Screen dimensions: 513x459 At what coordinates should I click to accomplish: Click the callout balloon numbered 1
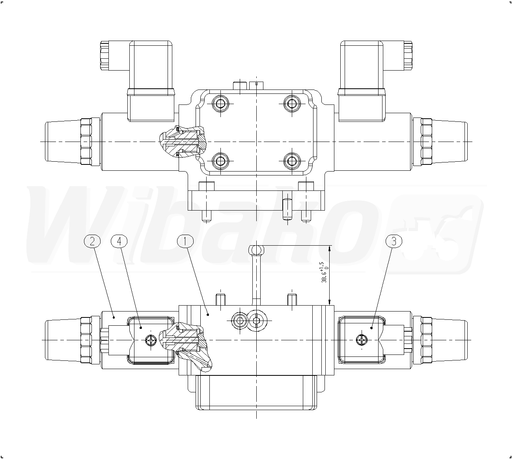[x=185, y=241]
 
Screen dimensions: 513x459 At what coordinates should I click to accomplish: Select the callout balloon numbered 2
[x=92, y=241]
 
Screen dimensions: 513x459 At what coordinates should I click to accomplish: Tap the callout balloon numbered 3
[x=394, y=241]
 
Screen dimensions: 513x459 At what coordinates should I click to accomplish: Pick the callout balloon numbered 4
[x=119, y=241]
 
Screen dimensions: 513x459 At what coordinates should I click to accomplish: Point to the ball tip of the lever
[x=256, y=250]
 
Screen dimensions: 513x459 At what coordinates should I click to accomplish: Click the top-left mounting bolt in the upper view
[x=220, y=104]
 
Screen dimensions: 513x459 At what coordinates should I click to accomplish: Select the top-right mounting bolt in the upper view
[x=292, y=104]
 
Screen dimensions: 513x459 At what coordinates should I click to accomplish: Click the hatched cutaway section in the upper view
[x=183, y=141]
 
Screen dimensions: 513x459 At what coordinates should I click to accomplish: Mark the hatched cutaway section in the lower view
[x=186, y=346]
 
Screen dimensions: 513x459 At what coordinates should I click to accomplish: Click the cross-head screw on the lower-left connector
[x=151, y=340]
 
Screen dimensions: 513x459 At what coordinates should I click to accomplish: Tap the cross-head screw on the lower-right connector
[x=362, y=340]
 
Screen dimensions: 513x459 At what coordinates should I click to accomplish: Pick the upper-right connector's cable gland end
[x=408, y=55]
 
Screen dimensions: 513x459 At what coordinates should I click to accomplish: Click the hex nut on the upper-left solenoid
[x=86, y=141]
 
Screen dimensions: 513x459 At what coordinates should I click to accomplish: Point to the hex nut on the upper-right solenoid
[x=426, y=141]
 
